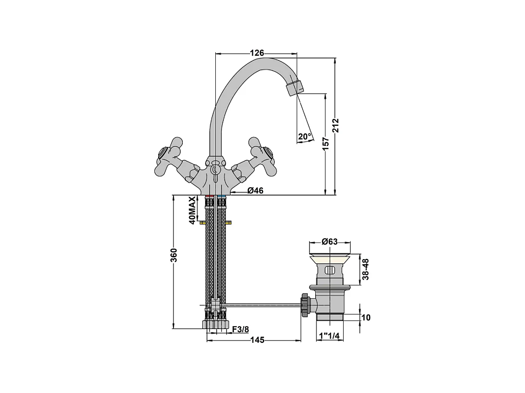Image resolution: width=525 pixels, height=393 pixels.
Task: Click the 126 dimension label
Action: point(257,53)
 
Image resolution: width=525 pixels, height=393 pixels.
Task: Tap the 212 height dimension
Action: point(336,125)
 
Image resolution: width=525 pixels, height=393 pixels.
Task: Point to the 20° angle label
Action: point(305,137)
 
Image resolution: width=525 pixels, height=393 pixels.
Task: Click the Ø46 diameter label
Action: point(255,190)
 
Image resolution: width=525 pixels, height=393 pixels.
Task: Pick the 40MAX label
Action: point(191,210)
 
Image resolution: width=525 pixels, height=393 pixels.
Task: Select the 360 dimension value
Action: point(173,255)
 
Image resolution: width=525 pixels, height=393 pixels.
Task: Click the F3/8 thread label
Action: point(240,329)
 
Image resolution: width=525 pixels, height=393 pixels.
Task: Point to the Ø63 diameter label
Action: point(330,242)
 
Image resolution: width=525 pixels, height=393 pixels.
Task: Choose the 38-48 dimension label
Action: point(366,269)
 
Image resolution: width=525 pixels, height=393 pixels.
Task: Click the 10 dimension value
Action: point(366,318)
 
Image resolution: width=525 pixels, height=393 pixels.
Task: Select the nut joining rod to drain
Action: point(305,305)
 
